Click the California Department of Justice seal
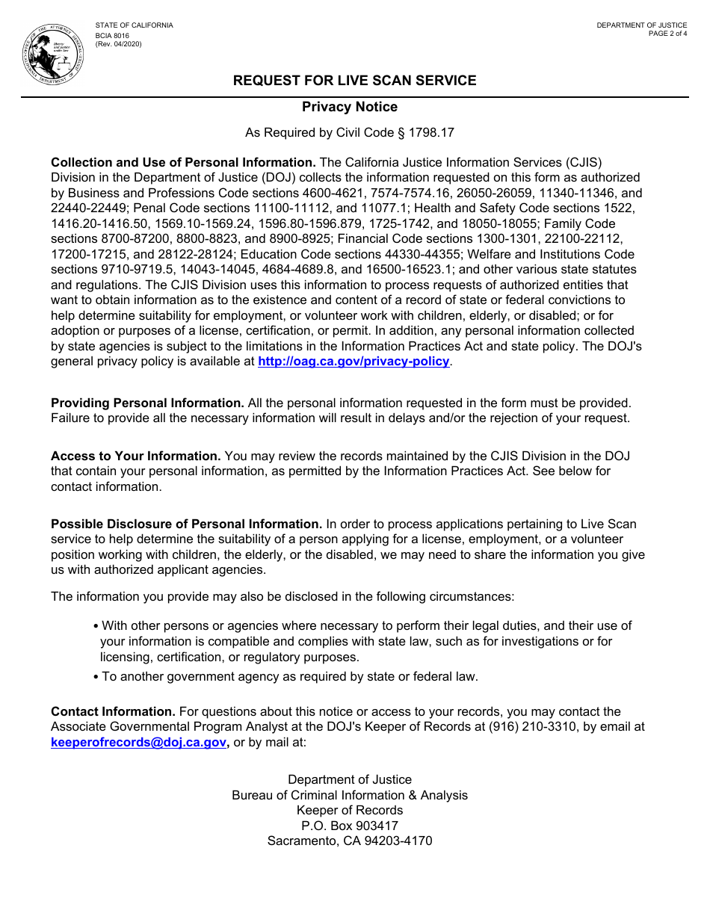52,54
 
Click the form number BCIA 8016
112,35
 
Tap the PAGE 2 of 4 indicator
667,34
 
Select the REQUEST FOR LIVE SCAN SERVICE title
354,81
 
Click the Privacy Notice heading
350,107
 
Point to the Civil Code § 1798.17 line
350,133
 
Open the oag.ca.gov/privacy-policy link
354,362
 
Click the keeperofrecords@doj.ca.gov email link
138,743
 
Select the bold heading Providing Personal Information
147,403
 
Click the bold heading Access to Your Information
135,457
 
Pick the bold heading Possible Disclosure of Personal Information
186,525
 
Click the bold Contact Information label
113,712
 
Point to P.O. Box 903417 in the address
350,826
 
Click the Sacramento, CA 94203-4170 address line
350,841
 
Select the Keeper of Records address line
350,811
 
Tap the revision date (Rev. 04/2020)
118,44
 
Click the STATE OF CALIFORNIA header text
134,25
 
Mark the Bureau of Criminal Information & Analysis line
350,796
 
